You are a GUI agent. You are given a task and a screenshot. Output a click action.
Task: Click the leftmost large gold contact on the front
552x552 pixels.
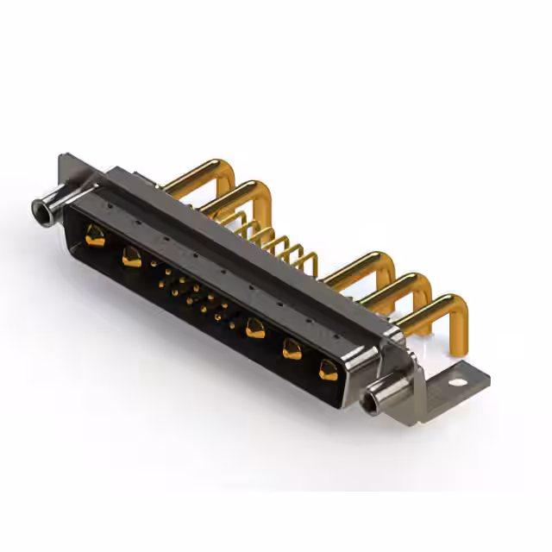[x=96, y=235]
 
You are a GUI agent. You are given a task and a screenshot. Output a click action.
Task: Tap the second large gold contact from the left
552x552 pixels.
[x=132, y=256]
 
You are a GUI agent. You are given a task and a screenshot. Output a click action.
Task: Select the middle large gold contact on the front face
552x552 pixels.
[x=254, y=328]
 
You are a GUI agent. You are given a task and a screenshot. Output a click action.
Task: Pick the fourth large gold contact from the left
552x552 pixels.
[x=292, y=348]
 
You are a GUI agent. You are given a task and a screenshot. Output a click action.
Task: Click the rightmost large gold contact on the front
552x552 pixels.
[x=329, y=370]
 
